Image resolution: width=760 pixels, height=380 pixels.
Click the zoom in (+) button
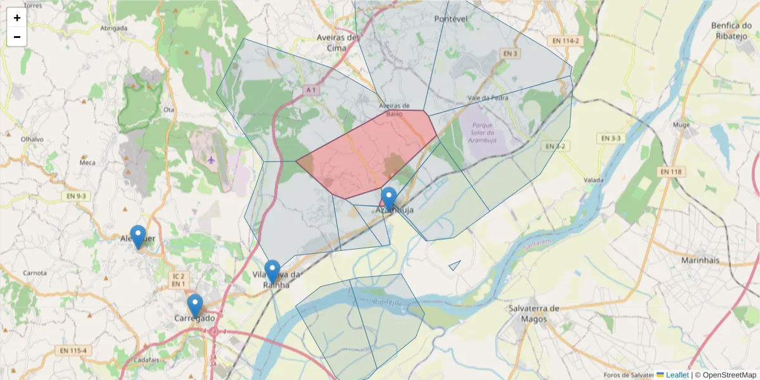tap(17, 18)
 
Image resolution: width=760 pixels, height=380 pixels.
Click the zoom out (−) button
tap(17, 37)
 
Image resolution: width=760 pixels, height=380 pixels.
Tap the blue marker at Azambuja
tap(389, 198)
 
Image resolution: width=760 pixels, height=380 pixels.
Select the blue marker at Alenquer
tap(137, 236)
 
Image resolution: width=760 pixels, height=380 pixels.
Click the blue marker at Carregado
tap(195, 305)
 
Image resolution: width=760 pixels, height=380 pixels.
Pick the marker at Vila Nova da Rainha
tap(272, 270)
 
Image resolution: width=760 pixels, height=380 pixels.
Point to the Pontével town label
tap(450, 19)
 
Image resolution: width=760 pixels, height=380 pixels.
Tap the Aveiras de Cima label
tap(338, 42)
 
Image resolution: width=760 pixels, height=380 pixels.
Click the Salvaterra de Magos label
tap(534, 313)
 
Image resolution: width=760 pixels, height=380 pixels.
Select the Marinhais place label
tap(702, 260)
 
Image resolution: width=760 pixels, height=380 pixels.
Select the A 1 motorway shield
tap(310, 91)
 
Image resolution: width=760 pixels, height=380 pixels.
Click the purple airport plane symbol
tap(211, 159)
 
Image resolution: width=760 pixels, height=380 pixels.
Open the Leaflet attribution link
tap(677, 375)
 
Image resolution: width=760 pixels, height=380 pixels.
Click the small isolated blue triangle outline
tap(455, 265)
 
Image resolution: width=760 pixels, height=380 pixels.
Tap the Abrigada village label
tap(114, 28)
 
